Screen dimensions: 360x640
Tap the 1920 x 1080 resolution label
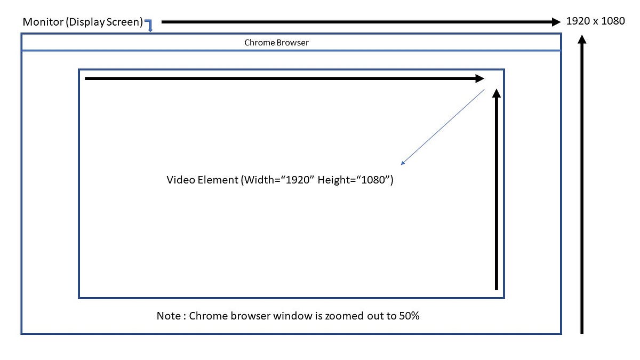coord(595,22)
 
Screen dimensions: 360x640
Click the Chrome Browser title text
coord(276,42)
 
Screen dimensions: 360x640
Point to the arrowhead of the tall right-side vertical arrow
coord(582,40)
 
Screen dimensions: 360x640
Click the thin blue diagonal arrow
coord(443,127)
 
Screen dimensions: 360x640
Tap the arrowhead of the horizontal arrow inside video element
coord(479,78)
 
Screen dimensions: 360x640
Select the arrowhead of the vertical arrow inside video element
coord(497,94)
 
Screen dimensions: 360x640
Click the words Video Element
coord(202,180)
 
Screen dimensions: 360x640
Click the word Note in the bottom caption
coord(168,316)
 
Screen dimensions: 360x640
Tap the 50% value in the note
coord(409,316)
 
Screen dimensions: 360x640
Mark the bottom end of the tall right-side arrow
coord(582,332)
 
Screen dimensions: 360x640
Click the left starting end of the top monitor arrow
coord(163,22)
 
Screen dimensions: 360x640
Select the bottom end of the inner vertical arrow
coord(497,289)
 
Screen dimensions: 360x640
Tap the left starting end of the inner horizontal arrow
coord(86,78)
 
